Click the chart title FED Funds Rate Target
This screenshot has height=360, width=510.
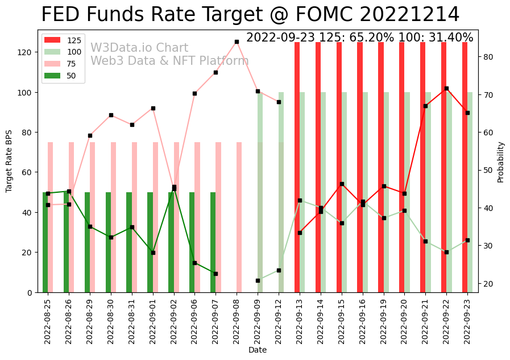pos(250,15)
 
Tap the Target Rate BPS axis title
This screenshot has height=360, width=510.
pos(9,162)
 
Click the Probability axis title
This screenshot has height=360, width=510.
pos(501,162)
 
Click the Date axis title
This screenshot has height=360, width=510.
pos(258,350)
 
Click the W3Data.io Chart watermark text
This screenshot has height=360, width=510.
pos(139,48)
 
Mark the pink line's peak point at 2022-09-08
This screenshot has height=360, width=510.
pos(237,42)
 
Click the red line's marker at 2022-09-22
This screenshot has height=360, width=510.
pos(446,88)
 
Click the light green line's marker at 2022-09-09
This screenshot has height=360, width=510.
pos(258,280)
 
